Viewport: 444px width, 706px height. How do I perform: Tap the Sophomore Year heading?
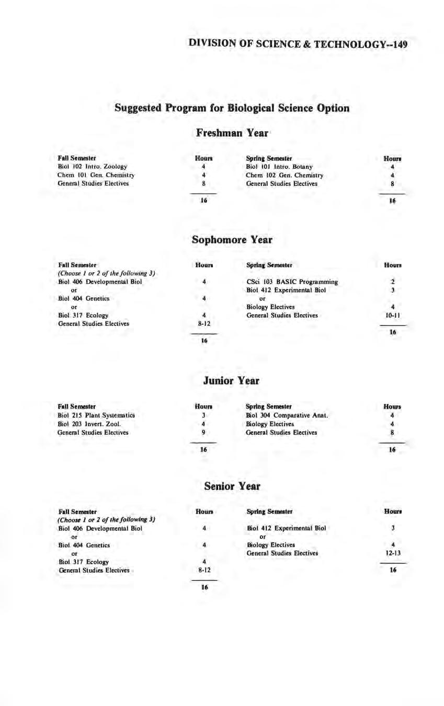point(232,240)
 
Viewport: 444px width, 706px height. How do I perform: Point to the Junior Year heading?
point(231,380)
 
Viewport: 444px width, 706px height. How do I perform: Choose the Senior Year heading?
point(232,486)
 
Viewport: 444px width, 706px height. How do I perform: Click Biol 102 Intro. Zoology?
point(93,166)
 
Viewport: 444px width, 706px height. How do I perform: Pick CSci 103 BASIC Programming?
point(292,282)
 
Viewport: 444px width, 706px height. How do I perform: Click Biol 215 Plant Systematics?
point(96,415)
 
